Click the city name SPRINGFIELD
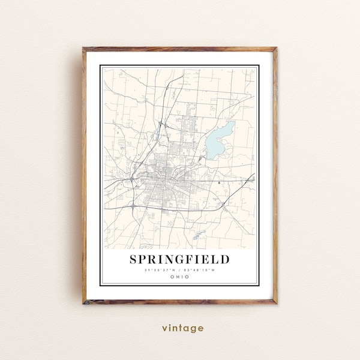point(179,259)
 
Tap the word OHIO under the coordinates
point(179,276)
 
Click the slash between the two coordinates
point(179,269)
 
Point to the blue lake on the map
point(219,139)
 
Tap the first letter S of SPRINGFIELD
point(133,259)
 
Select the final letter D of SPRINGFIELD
point(225,259)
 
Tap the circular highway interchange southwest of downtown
point(131,205)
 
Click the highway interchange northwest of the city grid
point(161,124)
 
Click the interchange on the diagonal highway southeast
point(223,205)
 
